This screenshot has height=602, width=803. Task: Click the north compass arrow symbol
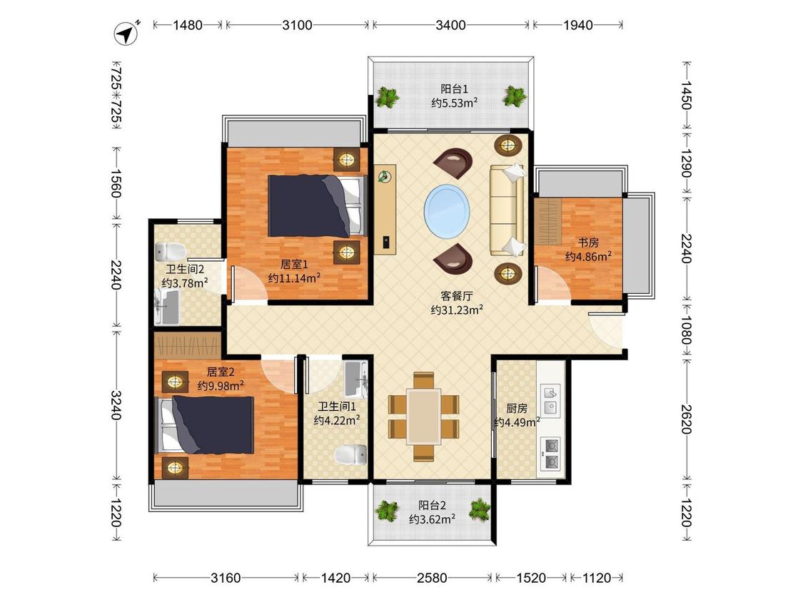click(x=126, y=34)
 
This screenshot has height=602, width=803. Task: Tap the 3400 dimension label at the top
click(x=450, y=24)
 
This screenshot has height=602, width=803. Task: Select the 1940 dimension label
click(x=577, y=24)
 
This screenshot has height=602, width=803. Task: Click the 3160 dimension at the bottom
click(x=226, y=578)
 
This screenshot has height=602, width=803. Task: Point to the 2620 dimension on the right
click(x=686, y=419)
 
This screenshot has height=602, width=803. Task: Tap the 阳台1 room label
click(x=454, y=89)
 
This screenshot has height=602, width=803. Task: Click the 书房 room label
click(x=588, y=242)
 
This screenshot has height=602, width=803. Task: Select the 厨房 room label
click(x=517, y=408)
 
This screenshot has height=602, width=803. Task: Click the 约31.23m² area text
click(x=457, y=310)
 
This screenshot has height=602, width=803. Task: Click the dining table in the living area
click(x=423, y=417)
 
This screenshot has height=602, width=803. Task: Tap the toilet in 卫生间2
click(x=171, y=251)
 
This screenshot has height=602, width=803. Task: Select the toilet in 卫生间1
click(x=350, y=454)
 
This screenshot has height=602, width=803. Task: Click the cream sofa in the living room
click(x=507, y=210)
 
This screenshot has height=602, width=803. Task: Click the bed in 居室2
click(x=205, y=424)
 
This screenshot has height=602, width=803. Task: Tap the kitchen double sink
click(x=550, y=400)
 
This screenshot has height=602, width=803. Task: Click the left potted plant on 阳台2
click(x=386, y=511)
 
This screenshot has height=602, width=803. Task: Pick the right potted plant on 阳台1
click(x=515, y=96)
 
